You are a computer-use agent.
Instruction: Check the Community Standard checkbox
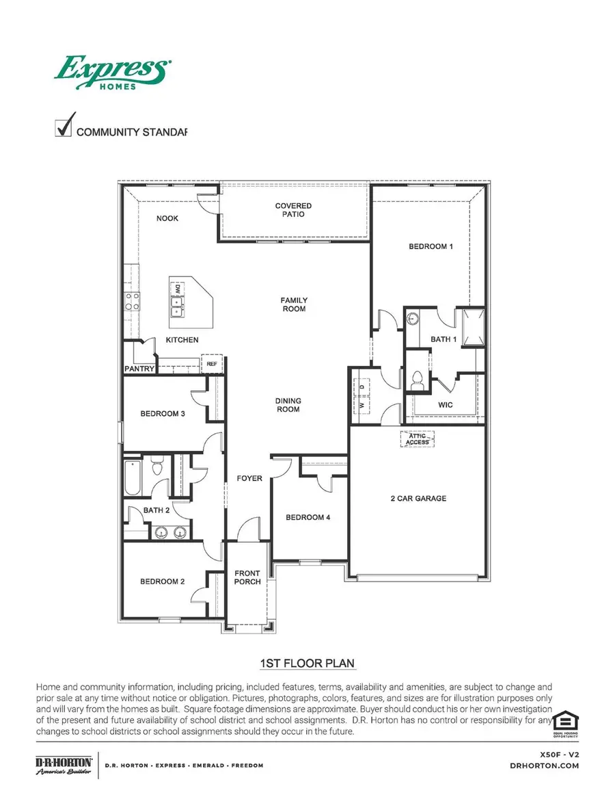click(x=64, y=128)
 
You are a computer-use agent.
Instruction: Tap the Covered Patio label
click(x=294, y=210)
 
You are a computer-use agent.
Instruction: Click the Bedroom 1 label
click(x=430, y=246)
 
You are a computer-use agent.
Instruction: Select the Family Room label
click(x=294, y=304)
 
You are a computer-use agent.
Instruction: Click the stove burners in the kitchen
click(x=132, y=302)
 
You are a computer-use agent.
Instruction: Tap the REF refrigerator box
click(x=212, y=364)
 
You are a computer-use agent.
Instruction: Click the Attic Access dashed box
click(x=418, y=439)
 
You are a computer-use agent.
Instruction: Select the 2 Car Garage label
click(x=418, y=499)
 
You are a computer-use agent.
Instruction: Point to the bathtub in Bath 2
click(x=132, y=478)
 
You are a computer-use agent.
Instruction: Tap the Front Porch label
click(x=247, y=577)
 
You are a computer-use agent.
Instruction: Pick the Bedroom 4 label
click(x=307, y=518)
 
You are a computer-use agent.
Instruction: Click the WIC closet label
click(x=446, y=405)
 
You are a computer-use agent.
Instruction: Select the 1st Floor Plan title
click(x=307, y=664)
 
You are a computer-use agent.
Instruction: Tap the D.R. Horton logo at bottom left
click(x=64, y=765)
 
